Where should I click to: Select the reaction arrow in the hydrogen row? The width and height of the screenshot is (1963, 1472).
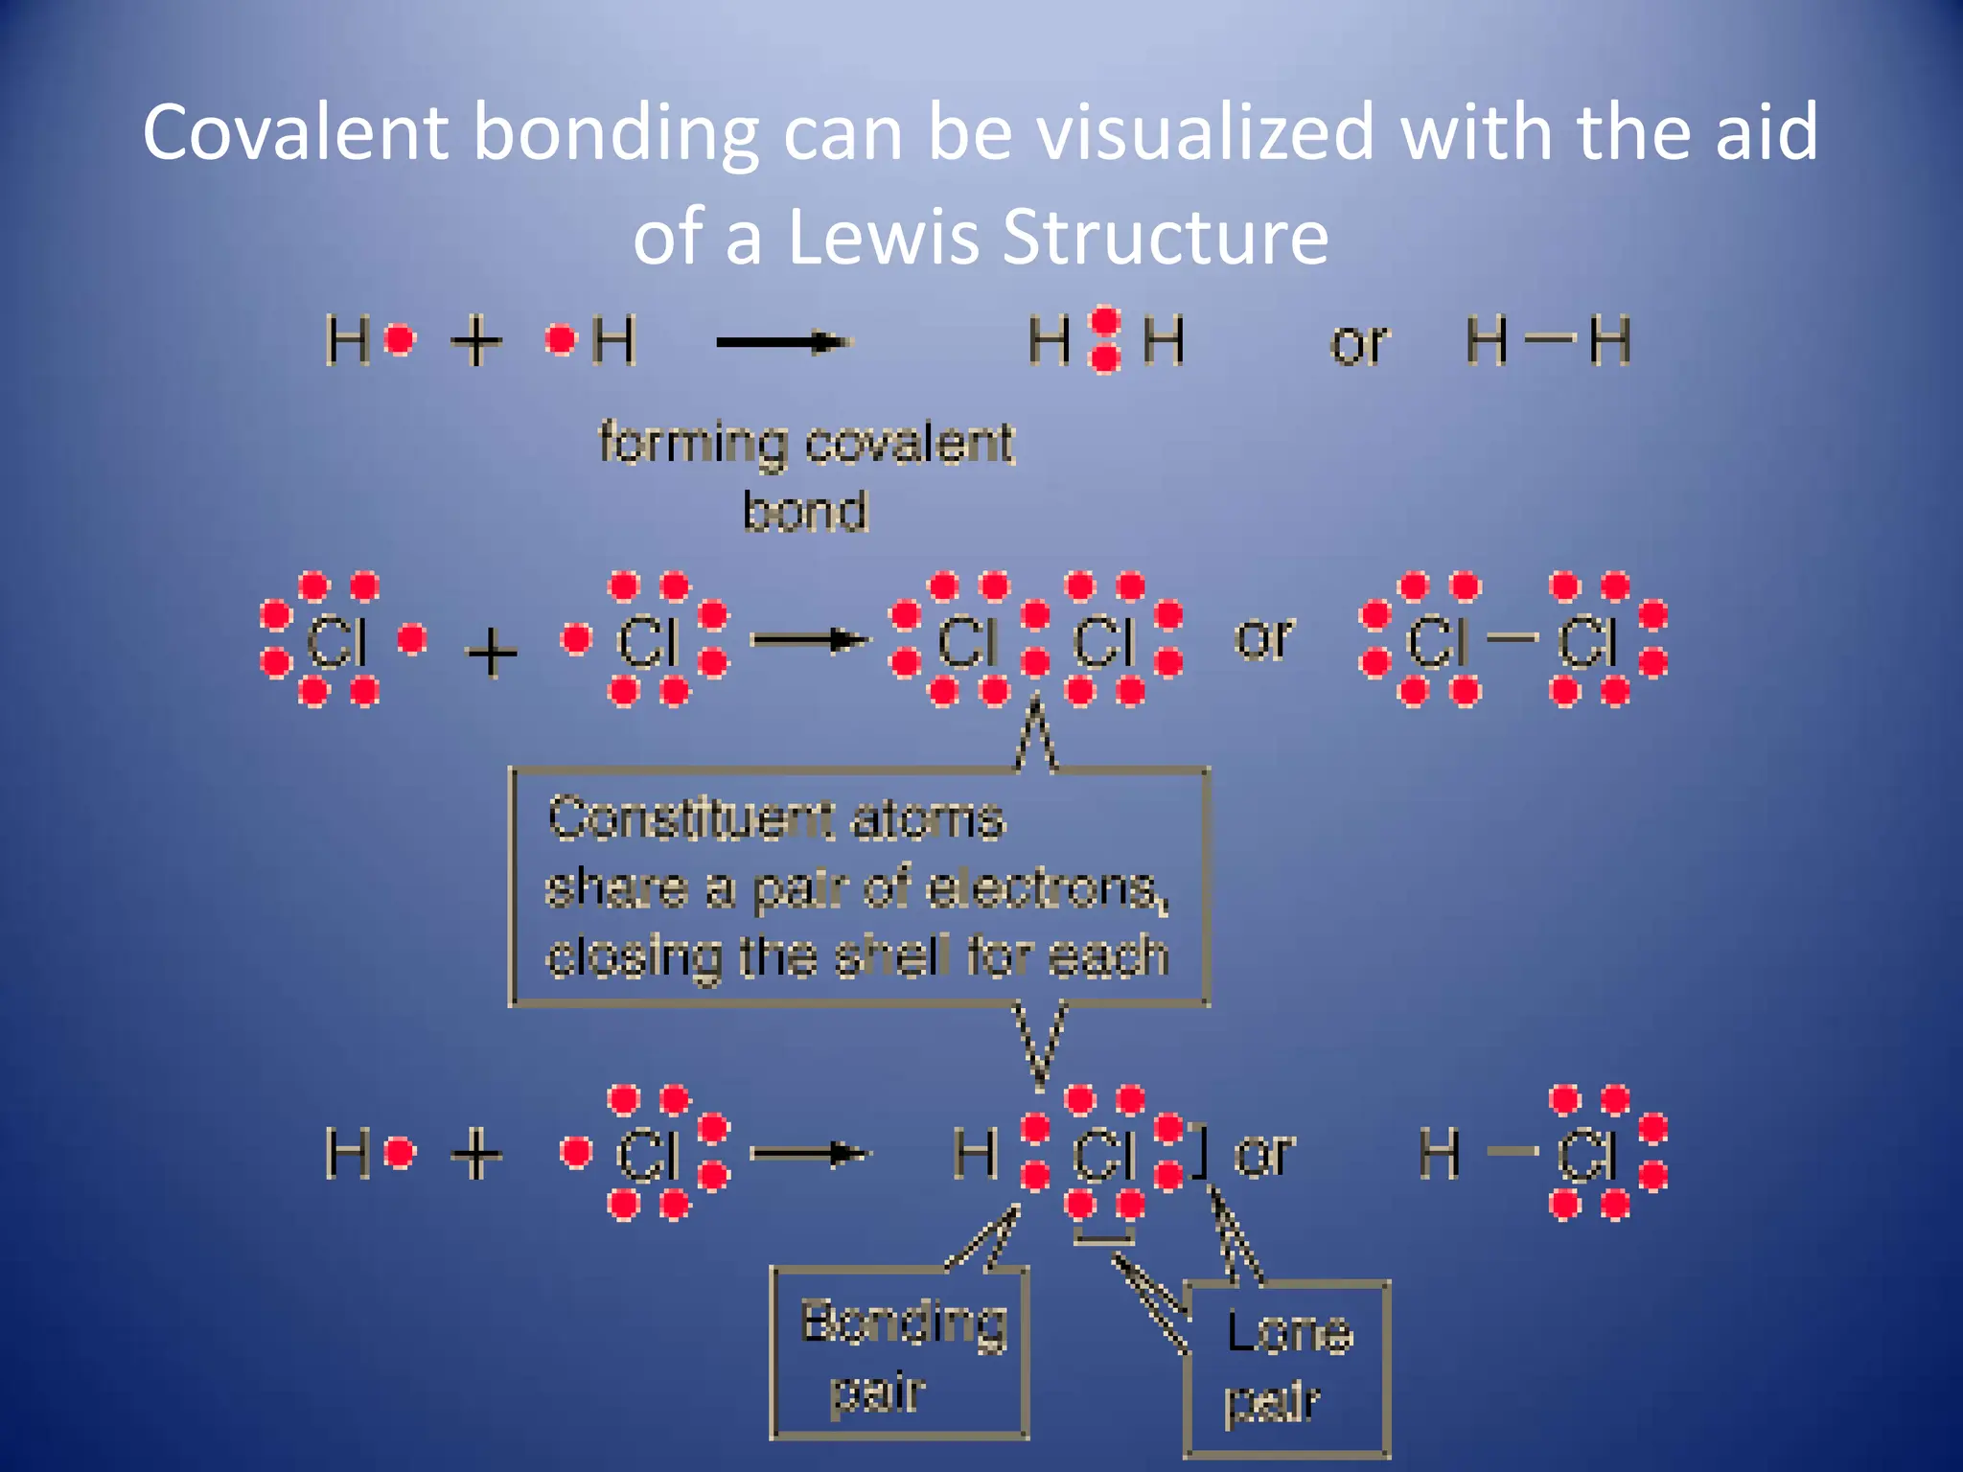(784, 342)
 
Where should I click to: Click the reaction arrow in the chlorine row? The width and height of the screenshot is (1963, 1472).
(809, 640)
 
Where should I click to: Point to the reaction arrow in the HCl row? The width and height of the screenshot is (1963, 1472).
(809, 1154)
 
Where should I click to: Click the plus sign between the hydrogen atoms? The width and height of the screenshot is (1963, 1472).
(476, 341)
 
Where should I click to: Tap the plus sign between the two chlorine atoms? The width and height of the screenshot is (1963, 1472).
(491, 654)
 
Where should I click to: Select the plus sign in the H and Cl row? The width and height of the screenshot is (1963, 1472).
(476, 1154)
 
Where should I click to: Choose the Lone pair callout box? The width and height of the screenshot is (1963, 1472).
(1287, 1368)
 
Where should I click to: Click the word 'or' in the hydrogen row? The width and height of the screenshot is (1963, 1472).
(1358, 343)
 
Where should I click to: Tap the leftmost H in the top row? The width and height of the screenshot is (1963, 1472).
(347, 340)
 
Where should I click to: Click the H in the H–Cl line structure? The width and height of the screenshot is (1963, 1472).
(1440, 1153)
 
